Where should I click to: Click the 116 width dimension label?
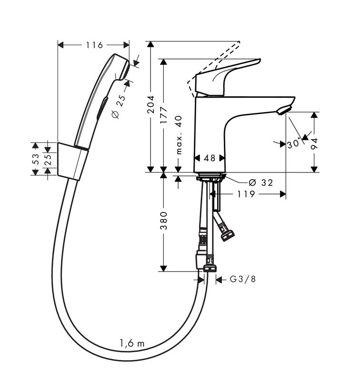point(94,45)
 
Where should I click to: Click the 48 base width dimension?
point(209,158)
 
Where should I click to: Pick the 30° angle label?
point(294,143)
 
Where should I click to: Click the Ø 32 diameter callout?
point(260,182)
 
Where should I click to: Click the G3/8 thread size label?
point(242,280)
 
